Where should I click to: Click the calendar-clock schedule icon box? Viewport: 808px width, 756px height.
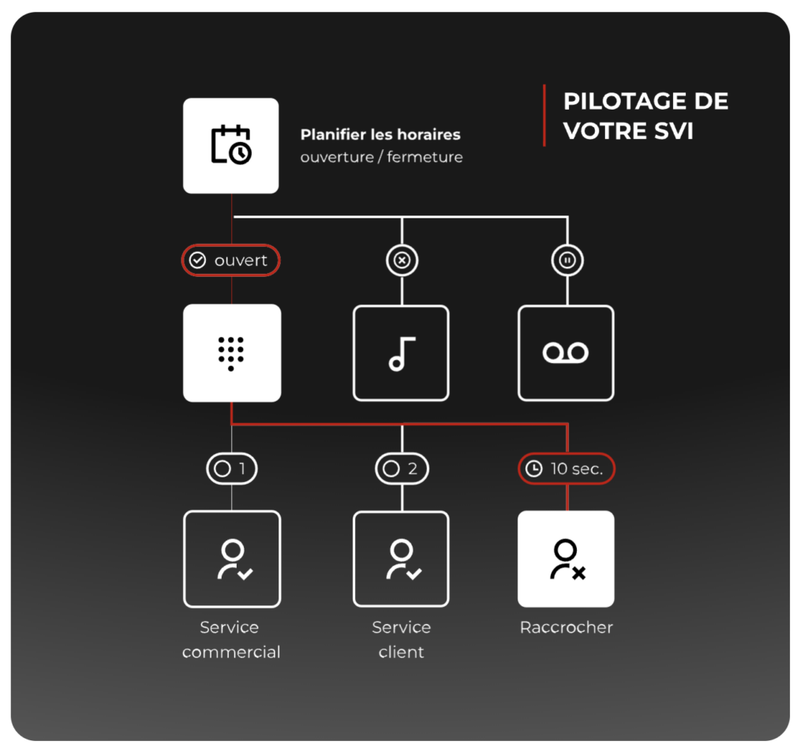[x=231, y=146]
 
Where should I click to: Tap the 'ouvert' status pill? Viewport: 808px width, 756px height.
[x=231, y=260]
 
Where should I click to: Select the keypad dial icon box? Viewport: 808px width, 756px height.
[x=232, y=353]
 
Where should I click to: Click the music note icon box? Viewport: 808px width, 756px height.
[x=401, y=353]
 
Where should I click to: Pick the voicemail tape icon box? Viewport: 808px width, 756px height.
[x=566, y=353]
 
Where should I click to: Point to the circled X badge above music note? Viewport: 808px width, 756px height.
[x=402, y=260]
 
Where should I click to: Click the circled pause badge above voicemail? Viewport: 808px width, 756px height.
[x=567, y=260]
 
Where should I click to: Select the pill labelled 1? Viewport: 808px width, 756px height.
[x=232, y=469]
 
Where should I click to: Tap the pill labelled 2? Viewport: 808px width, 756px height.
[x=402, y=469]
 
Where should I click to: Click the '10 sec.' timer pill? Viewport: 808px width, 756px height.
[x=567, y=469]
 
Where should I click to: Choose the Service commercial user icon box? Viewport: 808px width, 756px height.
[x=232, y=560]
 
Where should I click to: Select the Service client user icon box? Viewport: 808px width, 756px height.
[x=401, y=560]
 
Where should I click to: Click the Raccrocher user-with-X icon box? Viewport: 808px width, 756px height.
[x=566, y=560]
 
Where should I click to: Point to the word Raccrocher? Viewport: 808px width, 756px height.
[x=567, y=627]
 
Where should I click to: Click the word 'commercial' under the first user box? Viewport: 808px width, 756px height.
[x=231, y=652]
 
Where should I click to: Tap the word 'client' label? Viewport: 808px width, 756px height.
[x=401, y=652]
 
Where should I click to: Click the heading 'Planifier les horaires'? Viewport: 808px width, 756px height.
[x=380, y=134]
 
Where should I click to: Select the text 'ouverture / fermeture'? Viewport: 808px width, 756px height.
[x=381, y=157]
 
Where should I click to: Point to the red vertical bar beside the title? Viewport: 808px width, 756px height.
[x=544, y=115]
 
